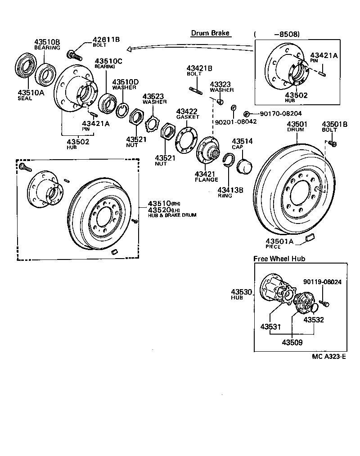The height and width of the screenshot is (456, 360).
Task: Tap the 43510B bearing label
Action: point(47,42)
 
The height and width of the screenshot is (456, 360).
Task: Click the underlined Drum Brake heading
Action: point(210,33)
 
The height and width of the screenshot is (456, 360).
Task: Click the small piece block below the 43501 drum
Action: point(310,237)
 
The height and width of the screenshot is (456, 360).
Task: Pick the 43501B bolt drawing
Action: point(333,143)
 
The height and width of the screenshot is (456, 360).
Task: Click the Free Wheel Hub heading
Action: point(279,259)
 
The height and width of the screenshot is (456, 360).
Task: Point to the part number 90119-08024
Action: point(322,282)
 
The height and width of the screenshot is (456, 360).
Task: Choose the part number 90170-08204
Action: point(281,114)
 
